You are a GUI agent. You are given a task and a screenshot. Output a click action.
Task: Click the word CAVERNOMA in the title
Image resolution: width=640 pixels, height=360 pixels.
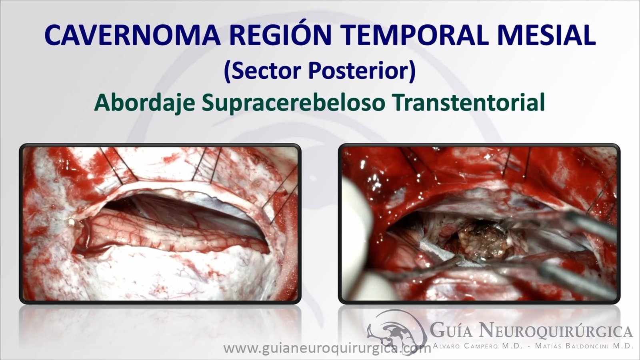tap(132, 35)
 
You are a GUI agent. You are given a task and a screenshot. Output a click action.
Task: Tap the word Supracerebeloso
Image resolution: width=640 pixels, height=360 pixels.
tap(294, 103)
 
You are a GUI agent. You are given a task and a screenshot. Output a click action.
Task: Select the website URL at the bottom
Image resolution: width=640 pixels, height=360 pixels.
tap(327, 348)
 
